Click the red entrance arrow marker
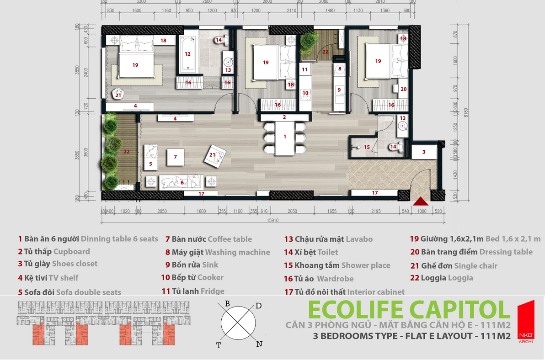pyautogui.click(x=421, y=201)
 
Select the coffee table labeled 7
pyautogui.click(x=175, y=157)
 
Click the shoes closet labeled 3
pyautogui.click(x=423, y=152)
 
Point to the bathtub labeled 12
pyautogui.click(x=187, y=54)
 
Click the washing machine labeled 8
pyautogui.click(x=340, y=69)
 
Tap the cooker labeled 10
pyautogui.click(x=305, y=94)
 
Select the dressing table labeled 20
pyautogui.click(x=403, y=89)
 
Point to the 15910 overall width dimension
pyautogui.click(x=273, y=219)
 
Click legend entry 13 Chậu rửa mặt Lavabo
pyautogui.click(x=328, y=239)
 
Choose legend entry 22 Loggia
pyautogui.click(x=441, y=278)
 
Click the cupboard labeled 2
pyautogui.click(x=284, y=117)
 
